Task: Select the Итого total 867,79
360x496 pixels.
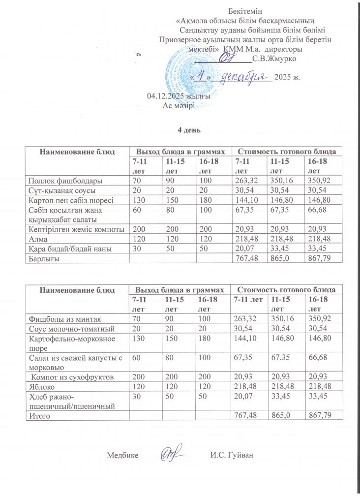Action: point(318,416)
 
